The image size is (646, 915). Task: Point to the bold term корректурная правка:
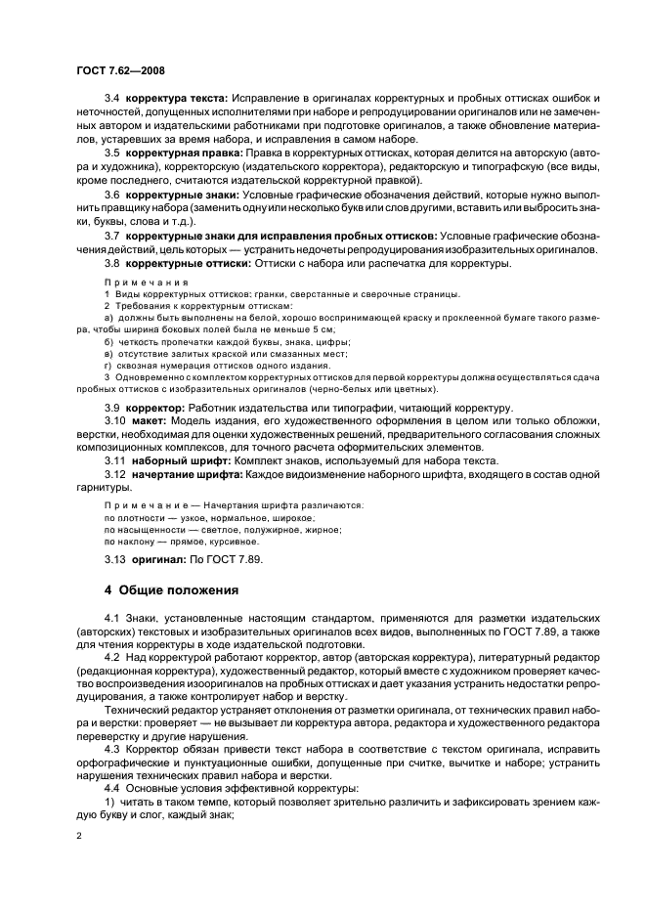(x=183, y=154)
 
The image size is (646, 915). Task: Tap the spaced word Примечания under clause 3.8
(x=136, y=282)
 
